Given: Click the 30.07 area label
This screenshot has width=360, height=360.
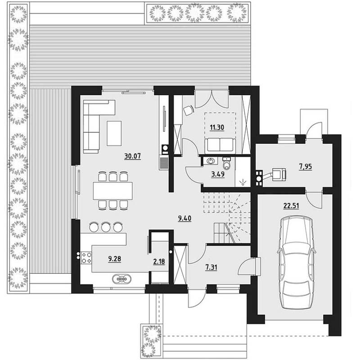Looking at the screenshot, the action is click(132, 156).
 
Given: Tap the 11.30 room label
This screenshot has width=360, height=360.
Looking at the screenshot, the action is click(217, 127).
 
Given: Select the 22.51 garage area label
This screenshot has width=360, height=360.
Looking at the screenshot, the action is click(291, 206).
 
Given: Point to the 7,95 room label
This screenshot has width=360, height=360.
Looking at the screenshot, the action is click(306, 166).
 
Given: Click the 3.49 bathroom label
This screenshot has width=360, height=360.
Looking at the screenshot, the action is click(218, 174).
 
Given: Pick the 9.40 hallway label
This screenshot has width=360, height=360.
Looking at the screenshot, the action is click(184, 218).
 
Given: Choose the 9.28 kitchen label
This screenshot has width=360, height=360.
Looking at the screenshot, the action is click(115, 259).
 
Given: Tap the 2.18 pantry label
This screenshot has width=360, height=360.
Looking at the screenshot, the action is click(159, 261).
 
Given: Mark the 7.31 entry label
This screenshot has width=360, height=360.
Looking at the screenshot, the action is click(211, 267).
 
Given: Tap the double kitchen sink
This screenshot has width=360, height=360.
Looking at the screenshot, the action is click(121, 279).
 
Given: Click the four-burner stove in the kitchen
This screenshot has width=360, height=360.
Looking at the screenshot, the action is click(86, 257).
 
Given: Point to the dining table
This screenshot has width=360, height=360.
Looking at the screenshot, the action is click(113, 190).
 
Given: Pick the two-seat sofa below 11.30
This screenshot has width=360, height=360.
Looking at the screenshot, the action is click(220, 144).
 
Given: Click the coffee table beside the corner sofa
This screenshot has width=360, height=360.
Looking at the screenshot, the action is click(114, 133).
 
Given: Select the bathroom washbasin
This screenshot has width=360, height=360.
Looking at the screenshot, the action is click(210, 161).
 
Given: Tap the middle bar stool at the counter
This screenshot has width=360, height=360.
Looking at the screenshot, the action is click(106, 227).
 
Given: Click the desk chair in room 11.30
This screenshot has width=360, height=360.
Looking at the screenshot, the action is click(189, 110).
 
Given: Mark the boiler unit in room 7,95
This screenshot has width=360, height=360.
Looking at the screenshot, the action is click(279, 174).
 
